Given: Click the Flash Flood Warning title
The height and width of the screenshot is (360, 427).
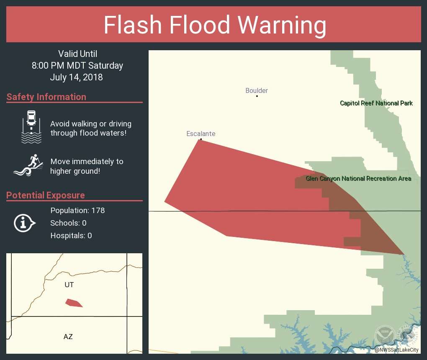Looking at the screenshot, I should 215,25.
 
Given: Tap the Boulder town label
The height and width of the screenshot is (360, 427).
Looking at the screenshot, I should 257,90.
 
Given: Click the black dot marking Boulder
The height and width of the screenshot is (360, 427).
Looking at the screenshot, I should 257,96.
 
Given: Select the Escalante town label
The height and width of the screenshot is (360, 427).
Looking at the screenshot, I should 201,134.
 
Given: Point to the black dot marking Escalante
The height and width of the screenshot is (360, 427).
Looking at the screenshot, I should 201,139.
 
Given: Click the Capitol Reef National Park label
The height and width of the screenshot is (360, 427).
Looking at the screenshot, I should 376,103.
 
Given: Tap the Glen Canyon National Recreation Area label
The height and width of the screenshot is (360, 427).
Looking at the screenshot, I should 358,178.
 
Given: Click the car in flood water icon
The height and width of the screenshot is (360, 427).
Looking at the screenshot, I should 31,127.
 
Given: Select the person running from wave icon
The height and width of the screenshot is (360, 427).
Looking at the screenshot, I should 28,165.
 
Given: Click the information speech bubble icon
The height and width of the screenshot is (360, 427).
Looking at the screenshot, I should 25,223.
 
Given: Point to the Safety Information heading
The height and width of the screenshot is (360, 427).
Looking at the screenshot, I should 46,97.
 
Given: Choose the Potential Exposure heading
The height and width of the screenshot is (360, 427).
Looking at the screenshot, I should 46,195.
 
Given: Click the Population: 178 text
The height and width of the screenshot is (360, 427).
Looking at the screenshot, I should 77,210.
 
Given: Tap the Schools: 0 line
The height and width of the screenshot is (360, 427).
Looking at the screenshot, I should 68,223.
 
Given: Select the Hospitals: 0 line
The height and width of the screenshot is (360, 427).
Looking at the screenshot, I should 71,235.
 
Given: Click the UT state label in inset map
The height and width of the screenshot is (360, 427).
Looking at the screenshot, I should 69,285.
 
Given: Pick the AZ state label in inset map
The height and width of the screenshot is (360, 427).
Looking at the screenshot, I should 68,336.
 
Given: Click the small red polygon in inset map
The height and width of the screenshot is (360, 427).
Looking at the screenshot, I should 73,303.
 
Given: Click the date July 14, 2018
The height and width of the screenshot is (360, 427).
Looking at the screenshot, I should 76,77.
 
